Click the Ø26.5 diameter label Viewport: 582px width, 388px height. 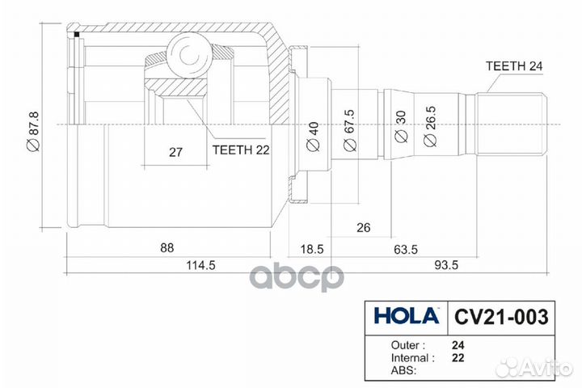(x=429, y=129)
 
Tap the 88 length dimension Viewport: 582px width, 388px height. (x=167, y=247)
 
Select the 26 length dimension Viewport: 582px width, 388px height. (x=363, y=229)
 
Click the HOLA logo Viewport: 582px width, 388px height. (x=406, y=314)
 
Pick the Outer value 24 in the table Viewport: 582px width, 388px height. (x=458, y=343)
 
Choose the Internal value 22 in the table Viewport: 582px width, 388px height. (x=458, y=356)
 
